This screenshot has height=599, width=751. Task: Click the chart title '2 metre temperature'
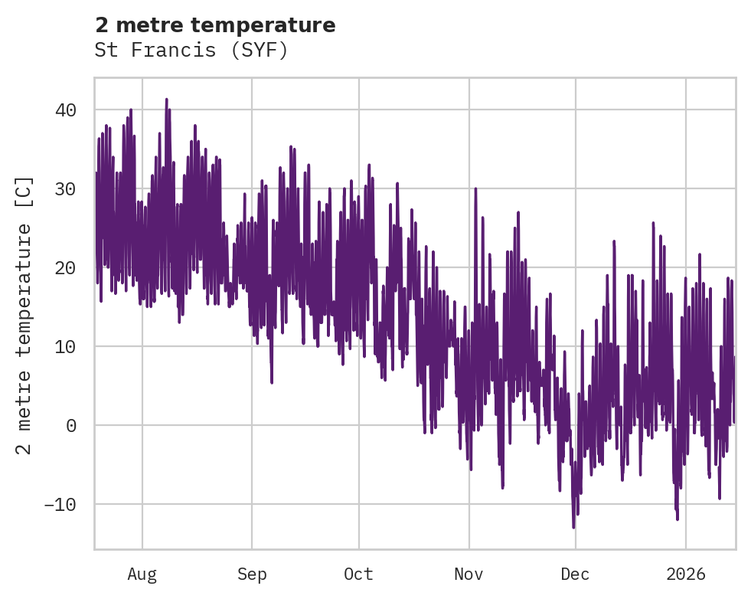point(215,25)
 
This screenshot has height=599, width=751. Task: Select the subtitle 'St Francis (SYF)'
point(191,51)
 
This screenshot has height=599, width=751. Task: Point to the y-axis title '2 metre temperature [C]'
point(24,315)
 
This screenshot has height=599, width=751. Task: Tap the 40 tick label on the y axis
point(66,110)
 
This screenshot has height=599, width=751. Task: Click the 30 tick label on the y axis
point(66,189)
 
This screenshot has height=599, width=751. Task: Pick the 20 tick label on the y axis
point(66,268)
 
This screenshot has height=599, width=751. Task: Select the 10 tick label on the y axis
point(66,347)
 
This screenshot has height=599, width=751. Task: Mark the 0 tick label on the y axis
point(71,426)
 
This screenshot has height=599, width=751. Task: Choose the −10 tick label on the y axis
point(60,505)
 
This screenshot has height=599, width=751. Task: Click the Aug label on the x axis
point(142,574)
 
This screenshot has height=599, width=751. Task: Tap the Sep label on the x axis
point(251,574)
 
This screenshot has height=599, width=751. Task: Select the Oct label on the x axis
point(358,574)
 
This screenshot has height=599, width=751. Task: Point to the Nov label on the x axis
point(469,574)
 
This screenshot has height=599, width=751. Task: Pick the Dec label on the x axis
point(575,574)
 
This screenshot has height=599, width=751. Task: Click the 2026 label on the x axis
point(685,574)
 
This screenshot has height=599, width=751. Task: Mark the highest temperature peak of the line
point(166,100)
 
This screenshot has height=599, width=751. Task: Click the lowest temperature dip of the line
point(573,527)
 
